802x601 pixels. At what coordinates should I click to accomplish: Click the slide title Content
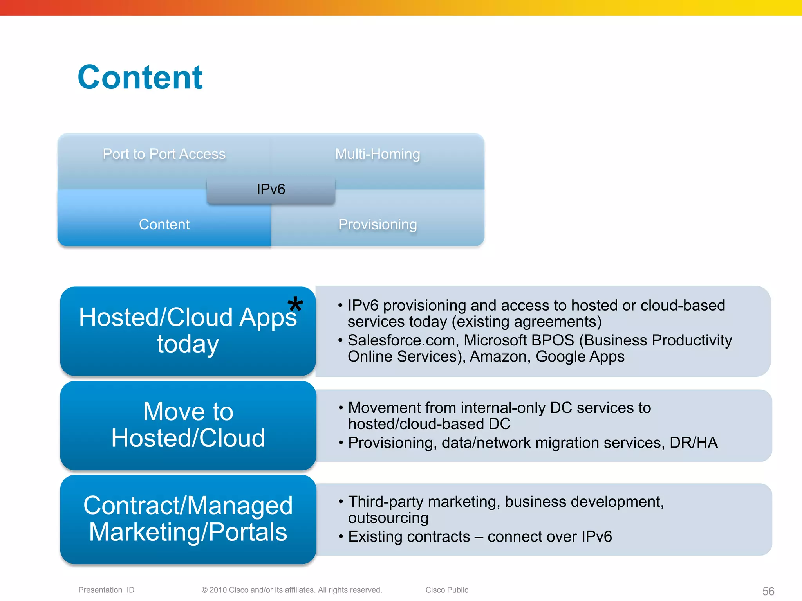pyautogui.click(x=140, y=77)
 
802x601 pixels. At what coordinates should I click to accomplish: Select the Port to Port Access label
pyautogui.click(x=164, y=154)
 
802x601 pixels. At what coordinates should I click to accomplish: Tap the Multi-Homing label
pyautogui.click(x=378, y=154)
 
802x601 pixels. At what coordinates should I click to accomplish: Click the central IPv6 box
pyautogui.click(x=271, y=189)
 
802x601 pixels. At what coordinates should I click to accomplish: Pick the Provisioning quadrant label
pyautogui.click(x=378, y=225)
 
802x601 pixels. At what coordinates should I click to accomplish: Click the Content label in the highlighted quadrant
pyautogui.click(x=164, y=225)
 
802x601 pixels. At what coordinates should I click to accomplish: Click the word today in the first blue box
pyautogui.click(x=188, y=344)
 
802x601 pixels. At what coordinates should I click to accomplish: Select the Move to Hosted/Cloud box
pyautogui.click(x=188, y=425)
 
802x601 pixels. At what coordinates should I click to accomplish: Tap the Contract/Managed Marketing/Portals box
pyautogui.click(x=188, y=519)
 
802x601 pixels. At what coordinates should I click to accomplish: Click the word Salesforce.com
pyautogui.click(x=402, y=340)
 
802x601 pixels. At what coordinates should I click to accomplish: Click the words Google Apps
pyautogui.click(x=580, y=357)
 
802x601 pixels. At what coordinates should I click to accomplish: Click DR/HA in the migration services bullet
pyautogui.click(x=694, y=443)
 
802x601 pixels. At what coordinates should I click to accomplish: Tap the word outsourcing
pyautogui.click(x=388, y=518)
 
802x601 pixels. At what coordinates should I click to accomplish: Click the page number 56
pyautogui.click(x=768, y=591)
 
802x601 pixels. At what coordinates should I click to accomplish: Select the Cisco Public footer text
pyautogui.click(x=447, y=590)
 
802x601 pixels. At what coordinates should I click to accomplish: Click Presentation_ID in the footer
pyautogui.click(x=106, y=590)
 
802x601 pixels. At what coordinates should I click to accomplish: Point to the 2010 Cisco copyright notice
pyautogui.click(x=292, y=590)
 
